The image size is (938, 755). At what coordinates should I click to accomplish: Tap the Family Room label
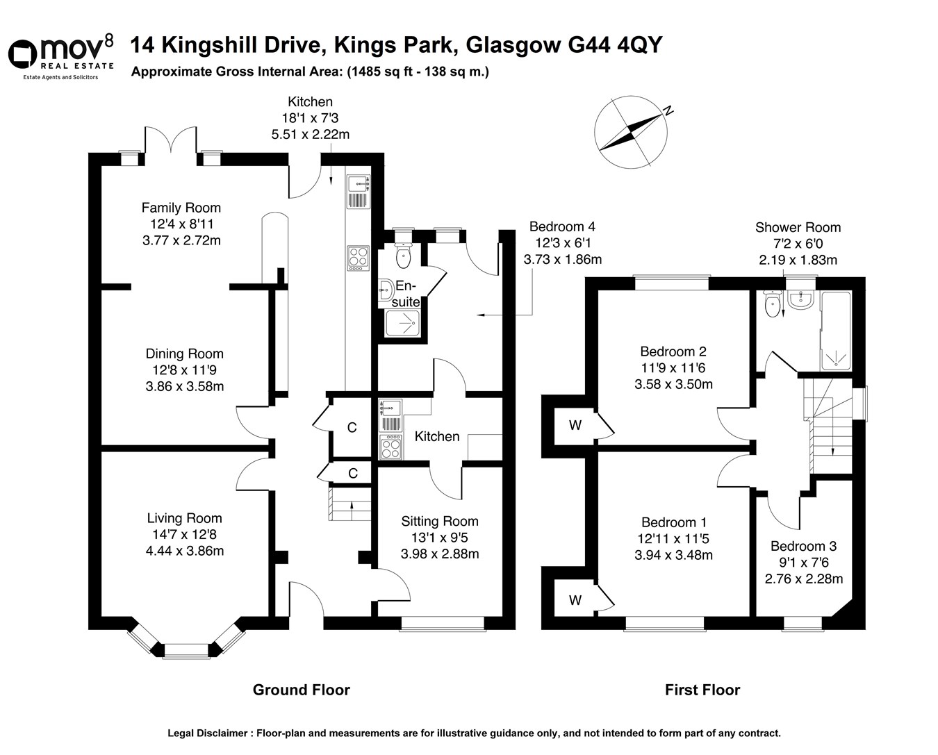[x=181, y=208]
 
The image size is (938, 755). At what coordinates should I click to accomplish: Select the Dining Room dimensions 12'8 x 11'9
[x=185, y=370]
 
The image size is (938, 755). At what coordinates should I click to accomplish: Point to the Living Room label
[x=184, y=518]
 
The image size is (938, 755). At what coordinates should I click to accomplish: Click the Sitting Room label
[x=439, y=521]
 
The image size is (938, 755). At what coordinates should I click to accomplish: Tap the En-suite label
[x=406, y=294]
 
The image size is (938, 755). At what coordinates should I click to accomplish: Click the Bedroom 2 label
[x=673, y=351]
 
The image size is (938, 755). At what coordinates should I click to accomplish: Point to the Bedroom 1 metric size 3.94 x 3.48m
[x=673, y=555]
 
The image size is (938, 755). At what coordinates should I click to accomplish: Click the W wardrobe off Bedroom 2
[x=575, y=425]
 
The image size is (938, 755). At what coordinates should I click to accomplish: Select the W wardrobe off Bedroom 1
[x=575, y=600]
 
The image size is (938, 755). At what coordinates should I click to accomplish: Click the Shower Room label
[x=798, y=227]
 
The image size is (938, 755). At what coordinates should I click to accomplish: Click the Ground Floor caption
[x=301, y=690]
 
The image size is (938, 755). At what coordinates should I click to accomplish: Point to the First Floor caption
[x=702, y=690]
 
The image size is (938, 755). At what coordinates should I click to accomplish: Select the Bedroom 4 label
[x=562, y=226]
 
